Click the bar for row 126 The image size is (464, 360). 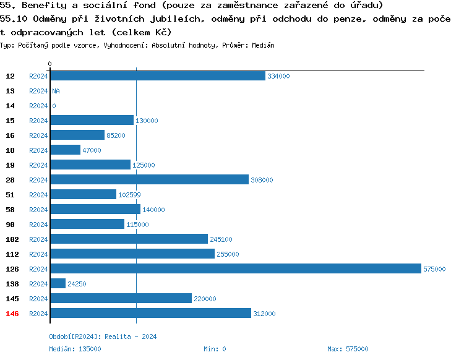point(236,268)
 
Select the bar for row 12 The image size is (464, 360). point(158,75)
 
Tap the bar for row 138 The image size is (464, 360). point(58,283)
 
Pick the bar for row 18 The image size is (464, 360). point(66,150)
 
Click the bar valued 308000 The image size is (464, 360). point(150,179)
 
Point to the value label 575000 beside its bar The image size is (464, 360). point(434,269)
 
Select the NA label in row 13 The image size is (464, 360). point(56,91)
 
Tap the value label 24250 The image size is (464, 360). point(78,284)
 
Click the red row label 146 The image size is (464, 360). point(12,314)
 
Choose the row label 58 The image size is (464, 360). point(11,210)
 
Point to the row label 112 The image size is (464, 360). point(12,254)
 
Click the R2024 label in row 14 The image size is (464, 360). point(38,106)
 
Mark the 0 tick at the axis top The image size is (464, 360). point(50,64)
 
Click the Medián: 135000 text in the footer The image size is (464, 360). point(75,349)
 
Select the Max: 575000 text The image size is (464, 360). point(348,349)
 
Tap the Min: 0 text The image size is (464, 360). point(215,349)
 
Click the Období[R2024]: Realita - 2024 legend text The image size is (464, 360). point(103,337)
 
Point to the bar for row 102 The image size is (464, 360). point(129,239)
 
